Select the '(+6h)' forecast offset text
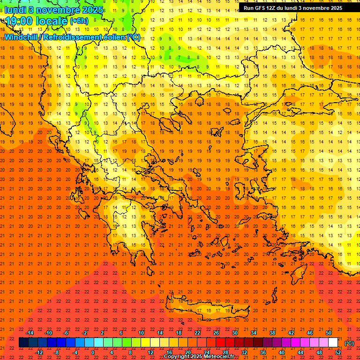[79, 21]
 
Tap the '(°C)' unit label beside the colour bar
[349, 343]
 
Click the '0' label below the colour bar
[93, 352]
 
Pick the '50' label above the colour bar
[329, 333]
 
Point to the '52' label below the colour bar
[338, 352]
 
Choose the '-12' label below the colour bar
[39, 352]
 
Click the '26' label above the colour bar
[216, 333]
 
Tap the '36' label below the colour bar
[263, 352]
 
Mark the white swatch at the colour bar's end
[333, 343]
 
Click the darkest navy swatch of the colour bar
[23, 343]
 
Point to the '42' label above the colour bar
[291, 333]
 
